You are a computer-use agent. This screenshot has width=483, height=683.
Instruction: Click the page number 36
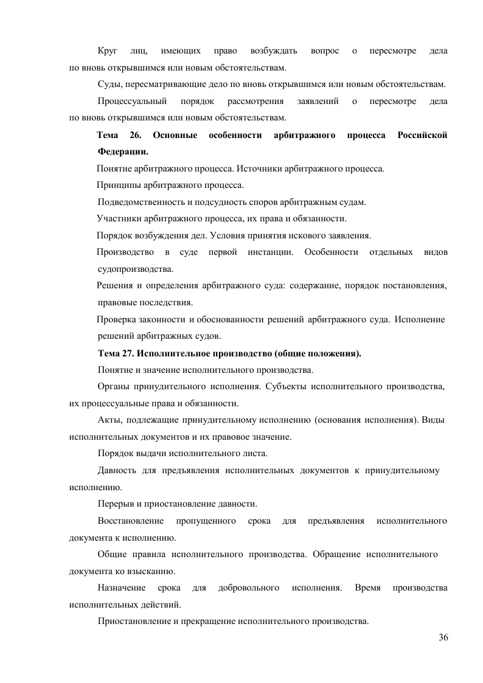443,637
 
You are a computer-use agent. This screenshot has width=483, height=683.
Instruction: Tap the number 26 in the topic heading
135,135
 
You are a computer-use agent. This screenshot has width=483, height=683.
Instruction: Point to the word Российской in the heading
422,135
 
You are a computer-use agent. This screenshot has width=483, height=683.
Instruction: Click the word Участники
118,218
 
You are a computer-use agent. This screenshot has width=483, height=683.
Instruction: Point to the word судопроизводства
135,268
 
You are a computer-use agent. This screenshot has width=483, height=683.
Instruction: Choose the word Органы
113,386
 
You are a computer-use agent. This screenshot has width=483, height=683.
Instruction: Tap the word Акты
108,420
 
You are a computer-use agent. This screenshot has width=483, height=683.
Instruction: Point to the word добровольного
248,588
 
